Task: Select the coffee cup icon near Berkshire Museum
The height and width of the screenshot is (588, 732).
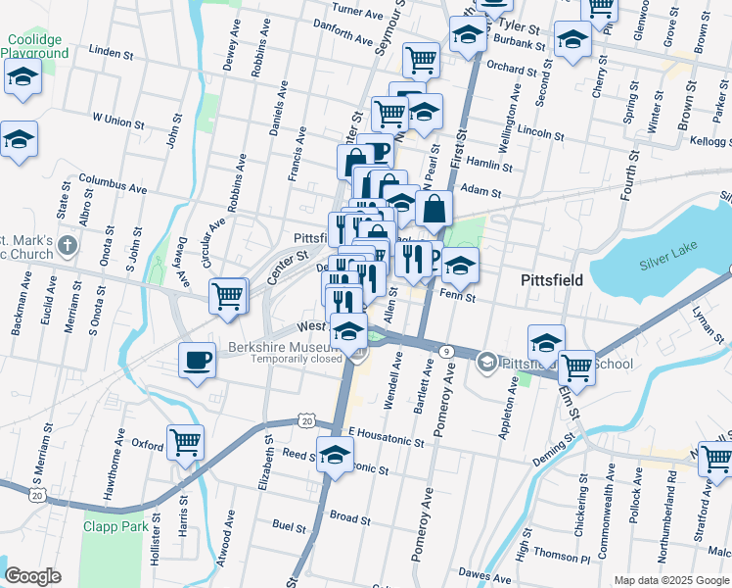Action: click(197, 361)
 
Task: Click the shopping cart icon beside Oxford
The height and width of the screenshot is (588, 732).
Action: click(185, 441)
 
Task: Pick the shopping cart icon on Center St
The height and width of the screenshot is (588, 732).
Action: click(228, 294)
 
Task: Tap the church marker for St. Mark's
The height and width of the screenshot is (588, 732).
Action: click(67, 244)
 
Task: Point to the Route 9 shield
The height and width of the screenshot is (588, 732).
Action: click(446, 351)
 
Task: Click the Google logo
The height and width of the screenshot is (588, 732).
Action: click(33, 575)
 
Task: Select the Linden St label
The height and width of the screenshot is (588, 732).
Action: click(111, 48)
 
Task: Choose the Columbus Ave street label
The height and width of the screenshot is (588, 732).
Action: click(113, 184)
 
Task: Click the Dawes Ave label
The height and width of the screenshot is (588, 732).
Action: click(486, 573)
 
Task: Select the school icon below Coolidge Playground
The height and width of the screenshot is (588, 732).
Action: click(21, 78)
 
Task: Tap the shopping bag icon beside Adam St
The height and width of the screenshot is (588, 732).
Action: click(434, 208)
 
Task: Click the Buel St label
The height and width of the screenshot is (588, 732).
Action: click(289, 526)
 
